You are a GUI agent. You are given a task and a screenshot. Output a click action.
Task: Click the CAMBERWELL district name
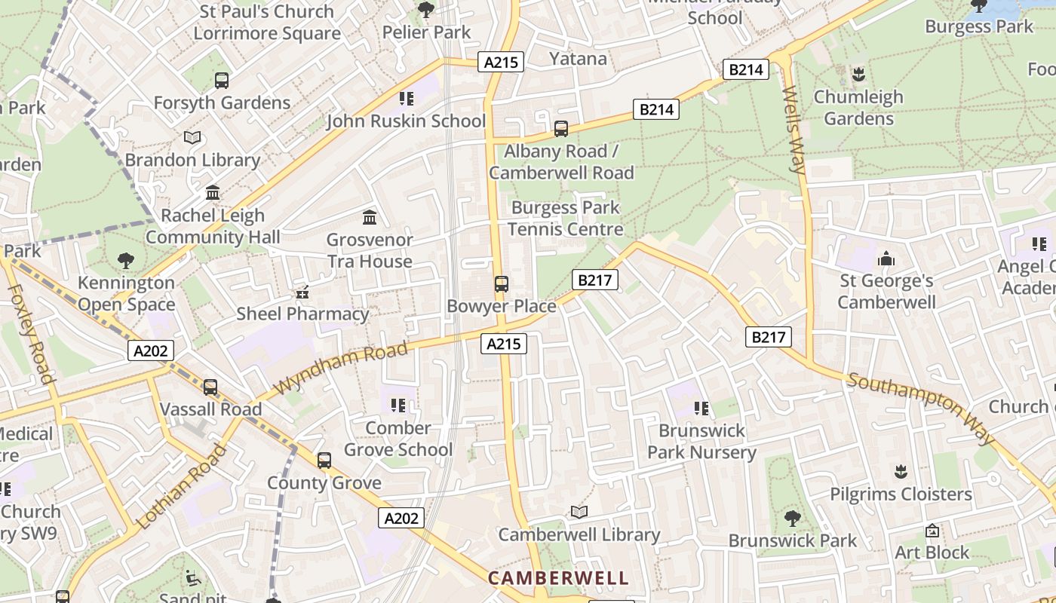click(x=558, y=578)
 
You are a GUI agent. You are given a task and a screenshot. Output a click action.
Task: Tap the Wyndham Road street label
click(x=342, y=367)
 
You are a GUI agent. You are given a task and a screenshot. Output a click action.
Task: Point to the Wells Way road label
click(x=794, y=130)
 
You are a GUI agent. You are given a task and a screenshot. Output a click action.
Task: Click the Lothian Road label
click(x=182, y=488)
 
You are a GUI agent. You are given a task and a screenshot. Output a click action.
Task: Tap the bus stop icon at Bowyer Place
click(x=502, y=284)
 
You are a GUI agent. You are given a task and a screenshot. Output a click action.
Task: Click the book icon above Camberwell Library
click(x=579, y=513)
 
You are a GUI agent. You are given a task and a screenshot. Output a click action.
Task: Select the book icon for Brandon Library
click(x=192, y=138)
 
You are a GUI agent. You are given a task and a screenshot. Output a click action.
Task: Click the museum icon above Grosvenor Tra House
click(x=370, y=218)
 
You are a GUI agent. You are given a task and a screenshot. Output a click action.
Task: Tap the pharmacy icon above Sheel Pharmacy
click(x=302, y=292)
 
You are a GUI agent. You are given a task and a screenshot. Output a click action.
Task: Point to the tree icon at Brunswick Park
click(x=792, y=519)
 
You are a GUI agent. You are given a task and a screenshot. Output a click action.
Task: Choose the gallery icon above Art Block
click(x=932, y=531)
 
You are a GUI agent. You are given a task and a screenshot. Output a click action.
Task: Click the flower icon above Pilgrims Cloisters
click(x=901, y=473)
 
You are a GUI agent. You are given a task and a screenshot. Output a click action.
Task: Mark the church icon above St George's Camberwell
click(x=886, y=259)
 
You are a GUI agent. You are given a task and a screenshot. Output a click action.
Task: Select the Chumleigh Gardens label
click(x=858, y=108)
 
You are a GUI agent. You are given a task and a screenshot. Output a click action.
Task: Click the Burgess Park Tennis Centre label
click(x=566, y=219)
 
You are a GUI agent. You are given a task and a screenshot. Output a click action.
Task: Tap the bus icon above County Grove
click(x=324, y=461)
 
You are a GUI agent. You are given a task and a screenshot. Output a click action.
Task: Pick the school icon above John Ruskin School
click(x=407, y=99)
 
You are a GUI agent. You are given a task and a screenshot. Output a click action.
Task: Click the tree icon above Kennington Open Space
click(x=126, y=261)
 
